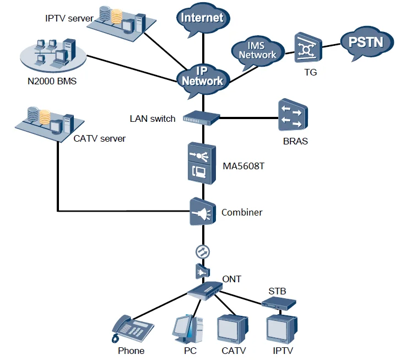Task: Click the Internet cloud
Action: point(203,18)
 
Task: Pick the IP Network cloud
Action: point(203,77)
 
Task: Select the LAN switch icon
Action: point(201,117)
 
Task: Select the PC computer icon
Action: point(184,329)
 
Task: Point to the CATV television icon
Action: point(231,329)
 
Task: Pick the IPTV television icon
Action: point(281,329)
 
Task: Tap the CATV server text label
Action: point(99,138)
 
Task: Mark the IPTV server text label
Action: point(69,18)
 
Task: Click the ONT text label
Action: point(232,279)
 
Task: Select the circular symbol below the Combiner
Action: point(202,251)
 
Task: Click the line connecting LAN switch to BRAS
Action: point(248,117)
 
